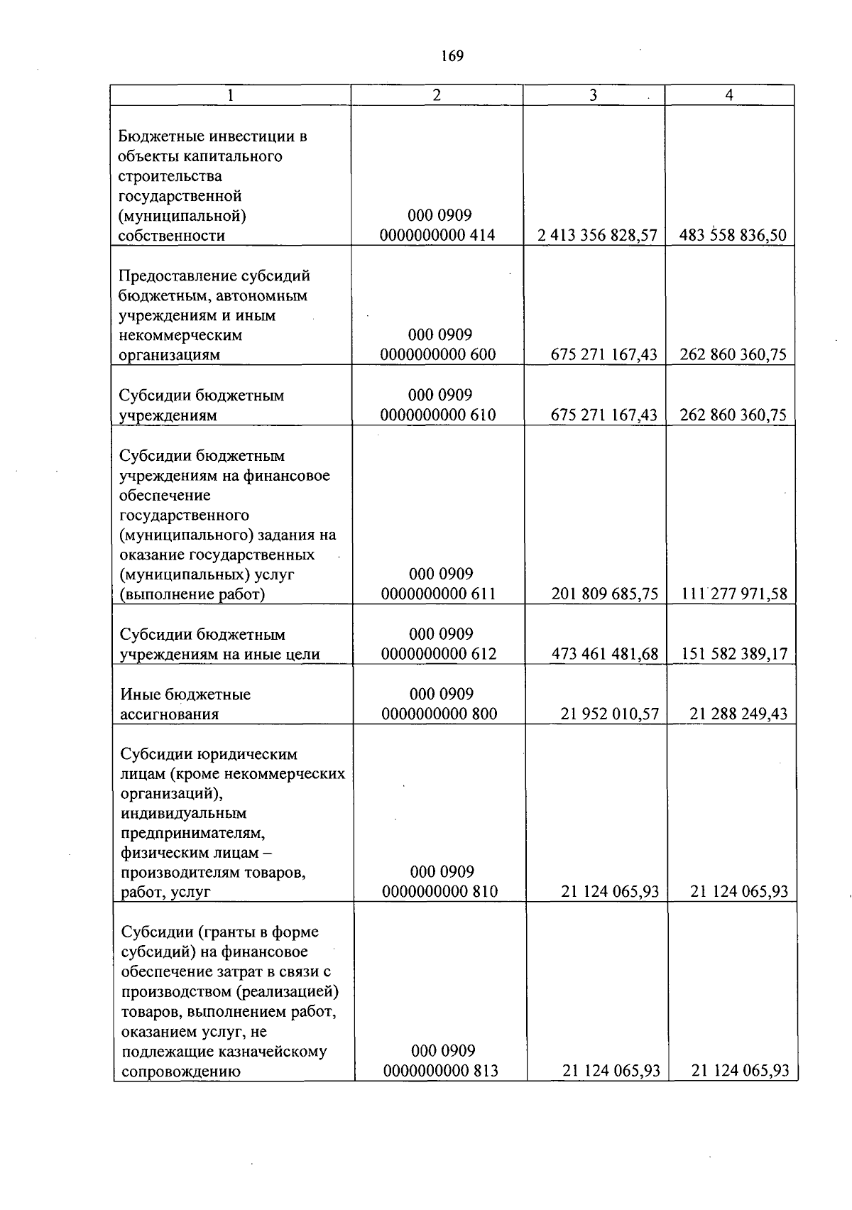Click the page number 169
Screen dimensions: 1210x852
pos(452,55)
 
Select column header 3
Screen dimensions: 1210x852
pos(594,95)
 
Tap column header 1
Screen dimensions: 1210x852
pos(230,95)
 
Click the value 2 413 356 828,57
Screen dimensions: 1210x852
pos(597,235)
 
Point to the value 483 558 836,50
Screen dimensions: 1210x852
pos(733,235)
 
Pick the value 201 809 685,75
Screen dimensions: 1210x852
pos(605,594)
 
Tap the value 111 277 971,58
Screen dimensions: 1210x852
pos(734,594)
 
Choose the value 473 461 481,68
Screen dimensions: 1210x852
pos(605,653)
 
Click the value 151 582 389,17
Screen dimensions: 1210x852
pos(734,653)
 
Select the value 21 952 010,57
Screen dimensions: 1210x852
pos(610,713)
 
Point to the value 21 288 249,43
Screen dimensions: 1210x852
pos(738,713)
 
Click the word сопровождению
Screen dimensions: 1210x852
pos(181,1071)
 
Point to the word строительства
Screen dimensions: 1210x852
pos(170,175)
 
